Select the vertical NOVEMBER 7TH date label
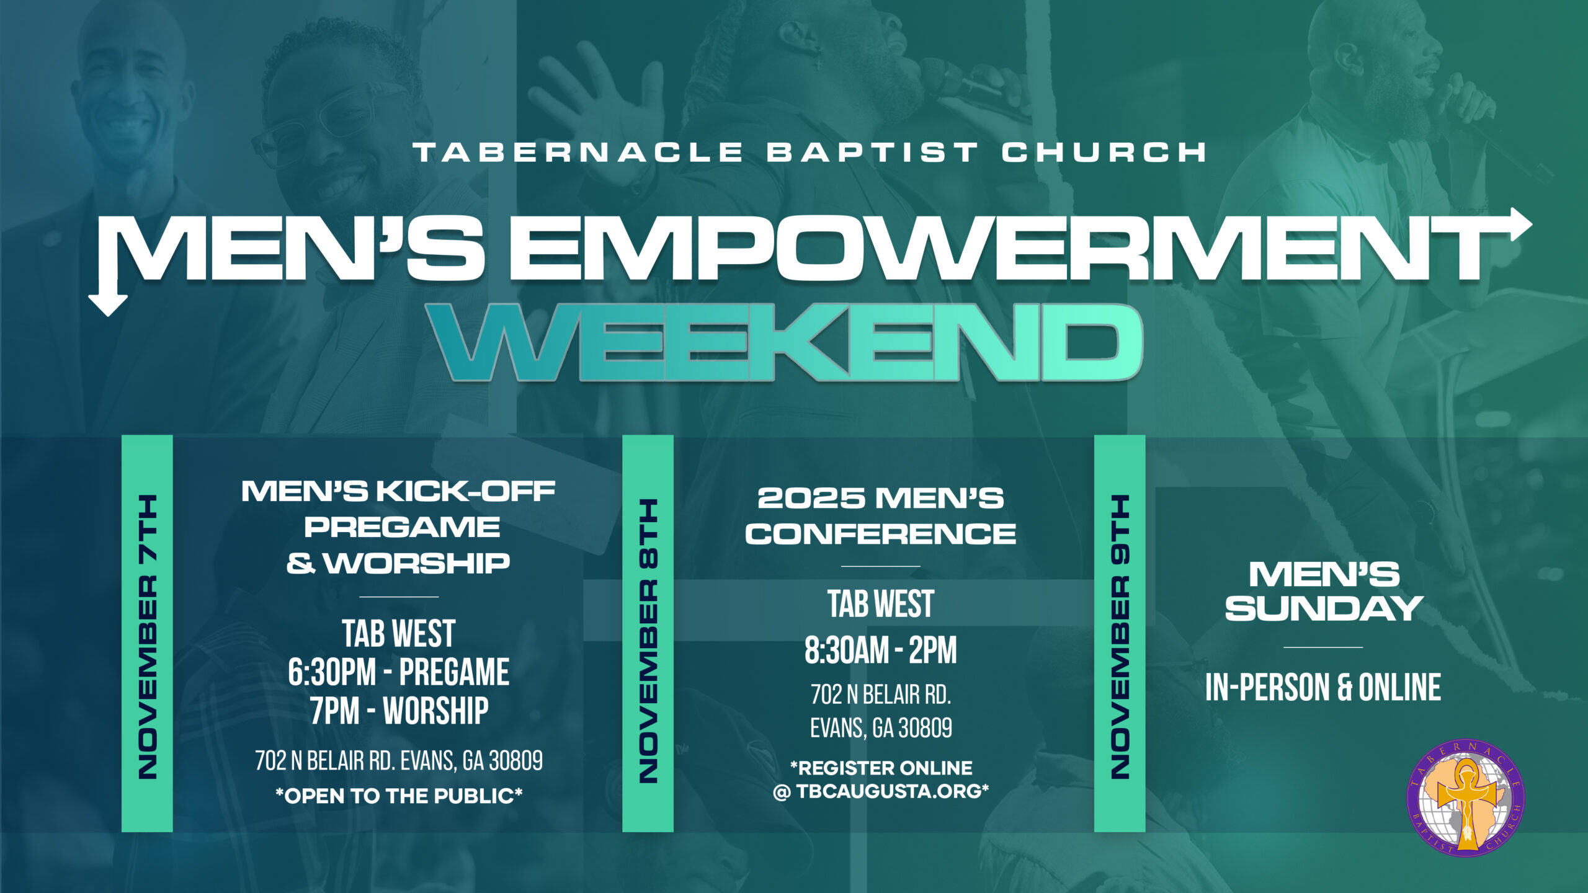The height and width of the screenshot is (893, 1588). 148,636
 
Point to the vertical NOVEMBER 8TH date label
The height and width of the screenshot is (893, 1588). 648,640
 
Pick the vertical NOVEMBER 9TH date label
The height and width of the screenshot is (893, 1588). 1120,636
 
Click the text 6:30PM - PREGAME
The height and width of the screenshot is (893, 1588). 399,672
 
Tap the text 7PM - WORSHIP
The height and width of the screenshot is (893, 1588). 399,711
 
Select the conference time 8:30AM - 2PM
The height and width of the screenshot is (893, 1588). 881,650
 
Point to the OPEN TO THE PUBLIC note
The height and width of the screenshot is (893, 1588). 399,796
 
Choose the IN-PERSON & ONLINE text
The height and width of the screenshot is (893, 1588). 1323,687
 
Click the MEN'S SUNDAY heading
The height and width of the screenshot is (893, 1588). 1324,592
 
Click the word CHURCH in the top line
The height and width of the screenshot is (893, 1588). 1104,153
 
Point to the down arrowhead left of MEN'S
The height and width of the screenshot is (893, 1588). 108,303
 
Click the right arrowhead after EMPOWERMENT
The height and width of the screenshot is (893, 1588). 1519,224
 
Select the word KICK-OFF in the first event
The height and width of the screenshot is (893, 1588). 465,492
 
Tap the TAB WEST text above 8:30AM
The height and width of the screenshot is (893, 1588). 881,604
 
